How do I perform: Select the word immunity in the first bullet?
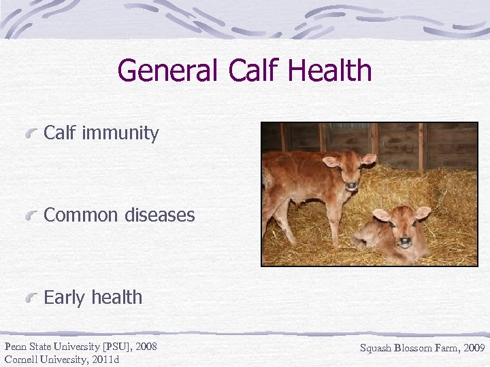tap(120, 133)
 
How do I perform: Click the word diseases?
tap(159, 215)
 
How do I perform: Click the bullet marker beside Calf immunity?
tap(32, 134)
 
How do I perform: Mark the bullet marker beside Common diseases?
tap(32, 216)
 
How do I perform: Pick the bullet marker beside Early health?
tap(32, 298)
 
